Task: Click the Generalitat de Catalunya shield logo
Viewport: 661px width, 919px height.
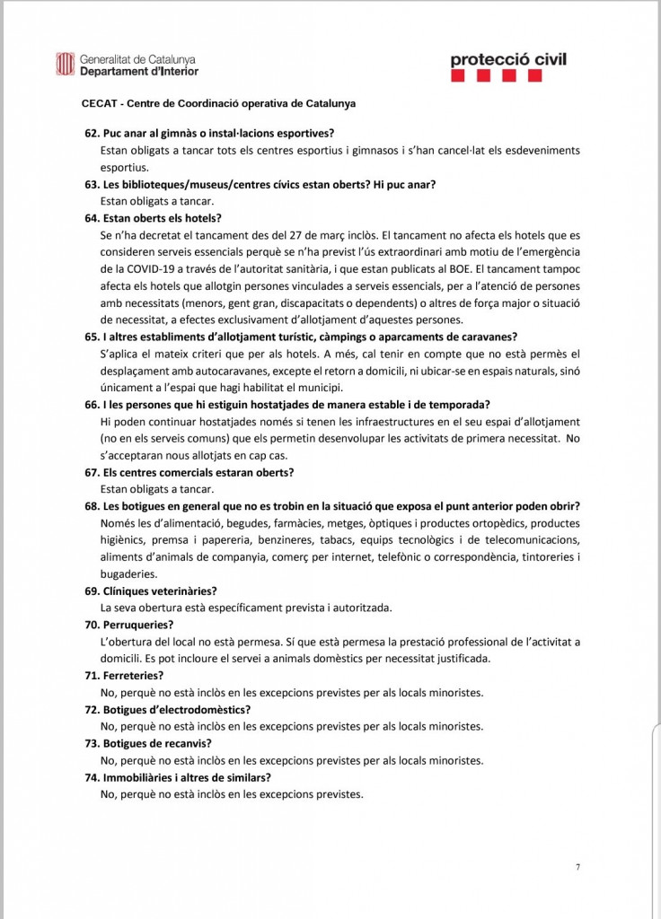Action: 66,64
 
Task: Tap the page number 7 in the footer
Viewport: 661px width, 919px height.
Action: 577,867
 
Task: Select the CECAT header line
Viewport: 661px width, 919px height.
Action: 218,103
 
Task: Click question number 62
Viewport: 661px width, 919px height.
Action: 92,133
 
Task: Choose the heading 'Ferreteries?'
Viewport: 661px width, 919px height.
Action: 133,675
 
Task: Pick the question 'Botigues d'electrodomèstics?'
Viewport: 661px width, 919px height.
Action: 177,709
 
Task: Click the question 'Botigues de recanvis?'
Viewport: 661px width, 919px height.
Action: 157,743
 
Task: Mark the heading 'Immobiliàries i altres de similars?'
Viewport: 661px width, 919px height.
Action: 187,777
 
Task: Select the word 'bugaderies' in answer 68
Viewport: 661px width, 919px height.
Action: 129,574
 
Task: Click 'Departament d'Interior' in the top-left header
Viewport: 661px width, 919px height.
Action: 139,71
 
